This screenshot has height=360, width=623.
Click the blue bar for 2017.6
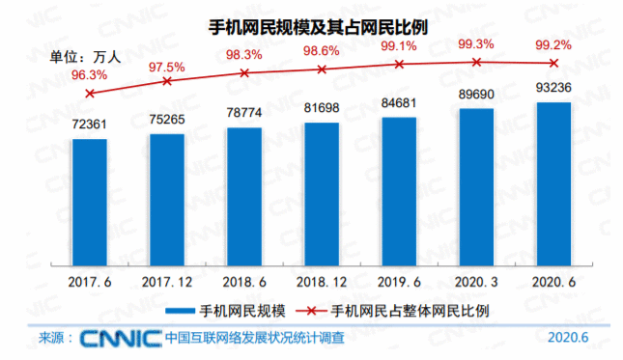coord(90,203)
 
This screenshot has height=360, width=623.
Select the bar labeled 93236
coord(553,184)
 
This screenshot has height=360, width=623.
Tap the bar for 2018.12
coord(322,194)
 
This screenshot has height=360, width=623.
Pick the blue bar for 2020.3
coord(476,187)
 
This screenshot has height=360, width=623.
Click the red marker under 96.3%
coord(90,94)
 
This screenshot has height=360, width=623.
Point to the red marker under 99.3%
coord(476,62)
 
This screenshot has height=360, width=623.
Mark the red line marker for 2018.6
coord(244,73)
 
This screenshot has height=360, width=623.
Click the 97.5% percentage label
coord(167,68)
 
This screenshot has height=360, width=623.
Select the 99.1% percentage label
coord(399,46)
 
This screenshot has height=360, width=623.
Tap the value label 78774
coord(244,113)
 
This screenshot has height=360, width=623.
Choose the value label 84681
coord(399,103)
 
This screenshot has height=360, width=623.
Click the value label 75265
coord(167,120)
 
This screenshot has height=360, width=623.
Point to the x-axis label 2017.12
coord(167,282)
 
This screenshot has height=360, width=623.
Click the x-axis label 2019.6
coord(399,282)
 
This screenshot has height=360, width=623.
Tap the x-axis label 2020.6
coord(553,282)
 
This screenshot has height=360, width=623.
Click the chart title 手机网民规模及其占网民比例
coord(318,27)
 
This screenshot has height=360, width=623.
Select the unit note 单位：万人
coord(85,57)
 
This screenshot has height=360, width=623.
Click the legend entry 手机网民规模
coord(226,311)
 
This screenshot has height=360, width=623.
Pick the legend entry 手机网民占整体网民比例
coord(392,311)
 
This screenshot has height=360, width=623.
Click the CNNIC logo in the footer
coord(121,339)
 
